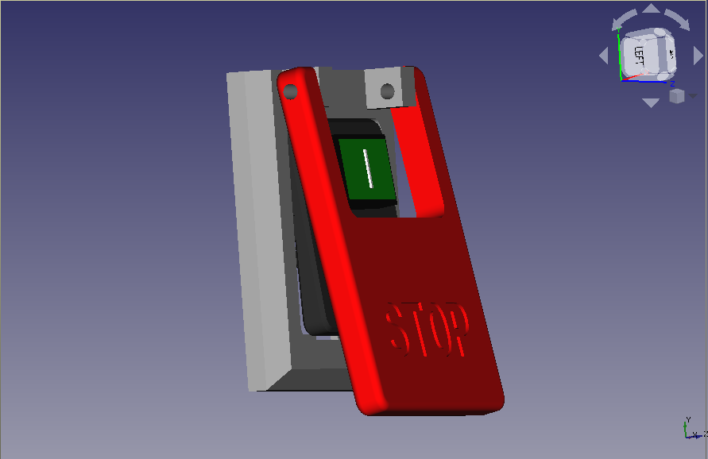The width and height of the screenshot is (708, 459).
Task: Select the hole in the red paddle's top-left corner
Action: pyautogui.click(x=291, y=92)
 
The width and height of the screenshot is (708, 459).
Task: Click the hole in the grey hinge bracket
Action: pyautogui.click(x=387, y=92)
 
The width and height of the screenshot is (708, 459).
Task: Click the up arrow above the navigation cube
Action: pyautogui.click(x=651, y=10)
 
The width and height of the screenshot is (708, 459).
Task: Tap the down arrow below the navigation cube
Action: pyautogui.click(x=651, y=102)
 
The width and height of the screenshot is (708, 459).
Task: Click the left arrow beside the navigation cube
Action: pyautogui.click(x=603, y=56)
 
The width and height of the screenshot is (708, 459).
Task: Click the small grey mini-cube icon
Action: pyautogui.click(x=676, y=96)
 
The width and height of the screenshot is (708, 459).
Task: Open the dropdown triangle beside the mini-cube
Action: pyautogui.click(x=693, y=95)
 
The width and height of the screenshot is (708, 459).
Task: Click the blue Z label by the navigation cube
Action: pyautogui.click(x=672, y=83)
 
